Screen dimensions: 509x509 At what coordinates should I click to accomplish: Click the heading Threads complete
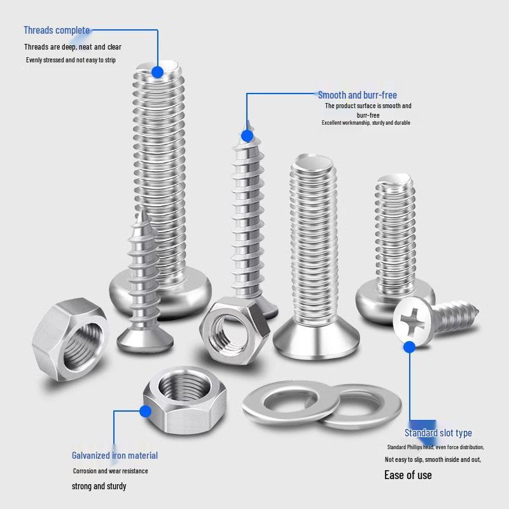[57, 31]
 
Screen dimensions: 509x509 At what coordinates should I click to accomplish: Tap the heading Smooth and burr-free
[357, 95]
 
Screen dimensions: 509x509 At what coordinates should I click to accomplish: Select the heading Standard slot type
[438, 433]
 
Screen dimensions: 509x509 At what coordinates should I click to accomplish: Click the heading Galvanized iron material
[115, 456]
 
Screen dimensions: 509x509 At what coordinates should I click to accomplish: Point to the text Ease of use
[408, 475]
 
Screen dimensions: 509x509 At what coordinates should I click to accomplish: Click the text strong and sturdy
[99, 486]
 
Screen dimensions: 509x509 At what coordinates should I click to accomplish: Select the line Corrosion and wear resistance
[110, 471]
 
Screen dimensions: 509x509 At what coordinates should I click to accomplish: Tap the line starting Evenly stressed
[80, 60]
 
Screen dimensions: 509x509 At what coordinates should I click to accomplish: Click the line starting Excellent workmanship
[366, 123]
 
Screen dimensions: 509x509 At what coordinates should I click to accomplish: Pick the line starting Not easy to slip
[433, 459]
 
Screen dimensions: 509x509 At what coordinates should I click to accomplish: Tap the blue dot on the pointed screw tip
[247, 136]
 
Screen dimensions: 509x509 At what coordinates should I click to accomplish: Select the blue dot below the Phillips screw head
[409, 347]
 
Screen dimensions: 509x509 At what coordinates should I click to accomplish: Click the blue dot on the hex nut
[146, 412]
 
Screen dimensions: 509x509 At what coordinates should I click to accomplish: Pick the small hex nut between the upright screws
[228, 325]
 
